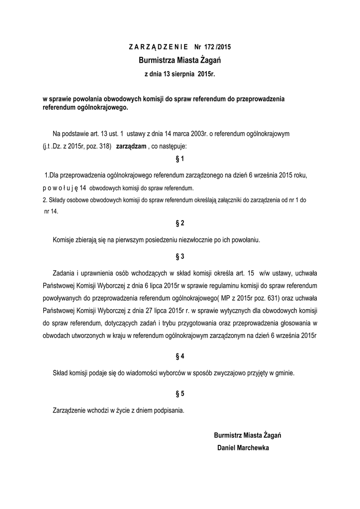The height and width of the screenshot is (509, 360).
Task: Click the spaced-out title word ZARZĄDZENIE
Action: (x=158, y=48)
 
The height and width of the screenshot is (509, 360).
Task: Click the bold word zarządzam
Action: (x=131, y=147)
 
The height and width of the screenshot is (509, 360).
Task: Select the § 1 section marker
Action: (x=180, y=159)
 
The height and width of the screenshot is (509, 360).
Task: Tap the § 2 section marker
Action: (x=180, y=223)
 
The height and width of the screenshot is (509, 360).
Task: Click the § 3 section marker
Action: (x=180, y=256)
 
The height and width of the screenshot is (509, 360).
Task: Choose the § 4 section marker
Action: (x=180, y=356)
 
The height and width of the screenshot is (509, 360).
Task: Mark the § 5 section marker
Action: (x=180, y=394)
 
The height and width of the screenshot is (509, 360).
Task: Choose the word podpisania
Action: (x=168, y=411)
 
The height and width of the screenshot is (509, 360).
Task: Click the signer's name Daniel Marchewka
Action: (x=243, y=448)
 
